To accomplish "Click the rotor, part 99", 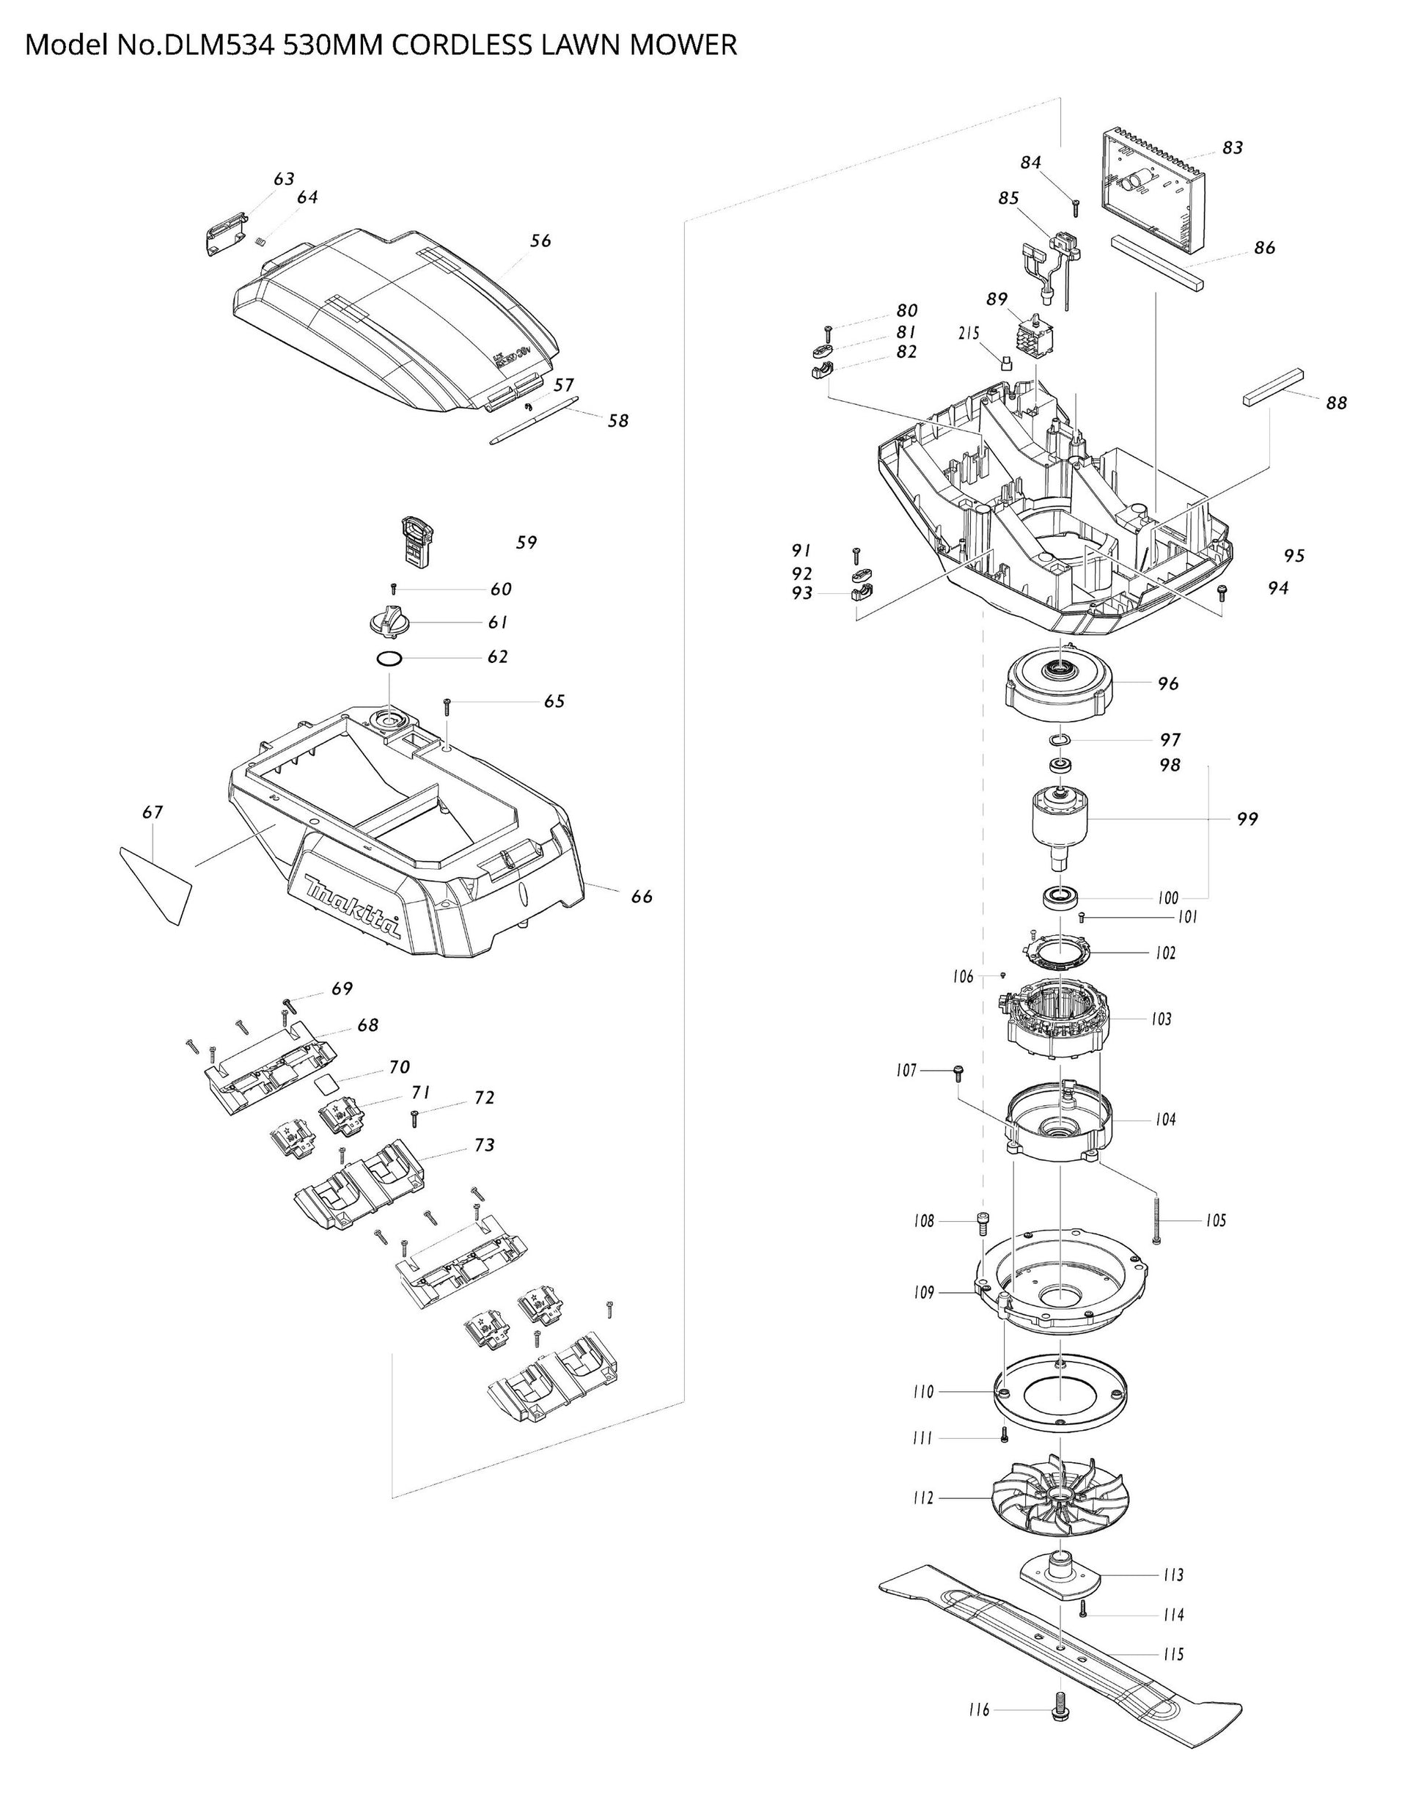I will click(1060, 823).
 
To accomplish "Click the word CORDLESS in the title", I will click(450, 45).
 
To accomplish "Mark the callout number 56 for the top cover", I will click(540, 241).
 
